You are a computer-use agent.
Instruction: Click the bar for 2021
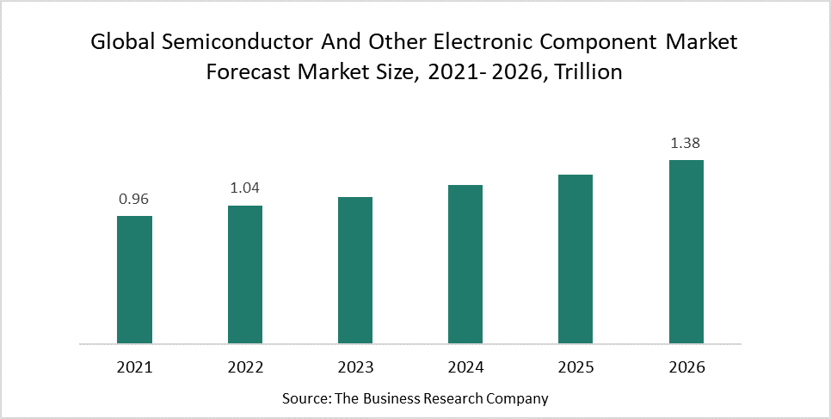point(134,280)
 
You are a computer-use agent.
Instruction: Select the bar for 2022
point(245,274)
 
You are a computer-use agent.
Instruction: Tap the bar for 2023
point(355,270)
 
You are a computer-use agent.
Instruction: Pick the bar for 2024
point(465,264)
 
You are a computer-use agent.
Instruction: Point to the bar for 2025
point(576,259)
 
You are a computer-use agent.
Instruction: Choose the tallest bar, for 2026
point(686,251)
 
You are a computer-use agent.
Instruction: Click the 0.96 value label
point(134,199)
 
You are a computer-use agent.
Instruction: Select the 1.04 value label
point(245,188)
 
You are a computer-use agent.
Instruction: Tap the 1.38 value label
point(686,143)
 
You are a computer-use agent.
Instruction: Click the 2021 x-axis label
point(134,367)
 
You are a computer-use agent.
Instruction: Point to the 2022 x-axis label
point(245,367)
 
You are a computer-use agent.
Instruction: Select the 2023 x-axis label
point(355,367)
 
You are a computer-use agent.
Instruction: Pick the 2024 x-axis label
point(465,367)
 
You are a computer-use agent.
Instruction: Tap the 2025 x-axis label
point(576,367)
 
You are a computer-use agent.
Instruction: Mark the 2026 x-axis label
point(686,367)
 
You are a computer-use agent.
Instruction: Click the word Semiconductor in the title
point(228,42)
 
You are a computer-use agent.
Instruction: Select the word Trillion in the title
point(588,72)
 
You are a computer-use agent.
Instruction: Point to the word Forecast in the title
point(248,72)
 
